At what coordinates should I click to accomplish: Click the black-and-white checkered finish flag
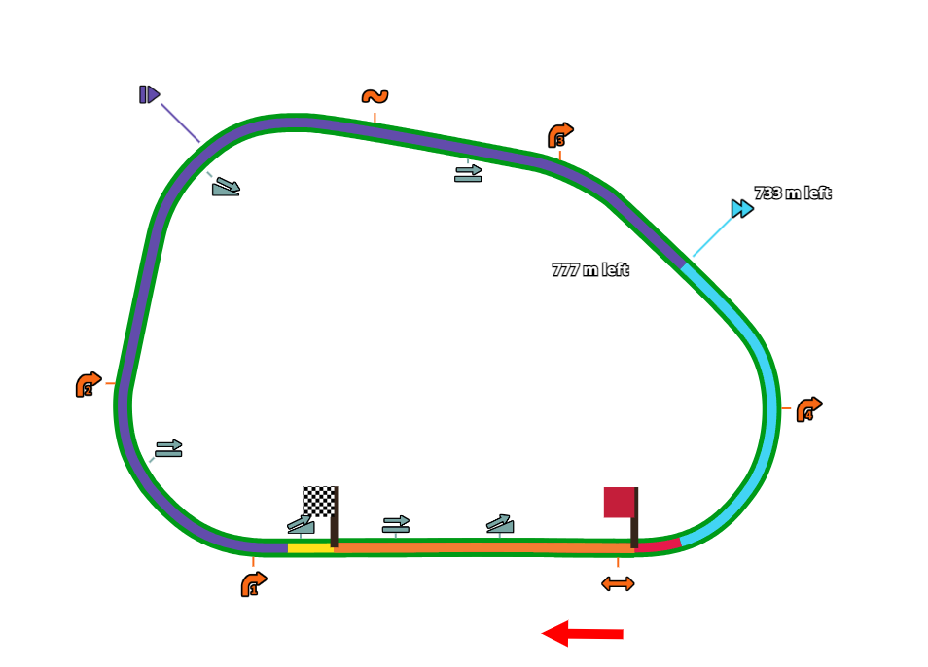(x=319, y=501)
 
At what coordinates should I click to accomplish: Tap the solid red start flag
(x=619, y=503)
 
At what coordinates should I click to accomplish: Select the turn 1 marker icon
(x=253, y=584)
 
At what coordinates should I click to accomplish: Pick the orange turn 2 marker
(x=88, y=385)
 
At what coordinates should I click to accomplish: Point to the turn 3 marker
(x=560, y=135)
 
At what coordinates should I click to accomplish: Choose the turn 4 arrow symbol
(x=808, y=410)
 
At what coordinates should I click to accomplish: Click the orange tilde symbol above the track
(x=375, y=96)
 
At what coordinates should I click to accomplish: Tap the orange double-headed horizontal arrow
(x=618, y=583)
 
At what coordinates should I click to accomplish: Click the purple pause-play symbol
(x=149, y=94)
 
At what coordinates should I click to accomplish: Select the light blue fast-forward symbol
(x=742, y=208)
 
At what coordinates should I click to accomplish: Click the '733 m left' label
(x=793, y=193)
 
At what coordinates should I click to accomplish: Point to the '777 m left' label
(x=590, y=270)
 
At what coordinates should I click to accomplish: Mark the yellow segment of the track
(x=309, y=548)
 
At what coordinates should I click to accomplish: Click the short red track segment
(x=659, y=545)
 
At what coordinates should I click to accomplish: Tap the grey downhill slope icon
(x=226, y=186)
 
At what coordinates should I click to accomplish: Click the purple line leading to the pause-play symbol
(x=180, y=123)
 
